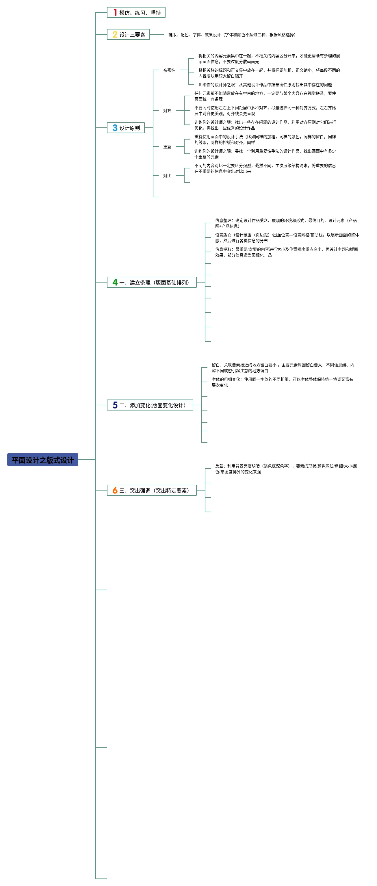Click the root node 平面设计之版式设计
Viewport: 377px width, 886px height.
click(x=43, y=460)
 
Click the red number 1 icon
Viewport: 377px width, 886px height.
click(x=115, y=13)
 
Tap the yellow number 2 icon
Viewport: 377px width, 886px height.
click(x=115, y=35)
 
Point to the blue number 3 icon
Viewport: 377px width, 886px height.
click(x=115, y=128)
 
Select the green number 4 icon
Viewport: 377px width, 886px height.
click(x=115, y=282)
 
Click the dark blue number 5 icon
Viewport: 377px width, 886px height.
click(x=115, y=405)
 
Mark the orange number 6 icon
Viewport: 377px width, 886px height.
click(x=115, y=491)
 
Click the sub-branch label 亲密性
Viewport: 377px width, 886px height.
click(x=169, y=70)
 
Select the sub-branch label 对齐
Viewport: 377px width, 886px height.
click(x=167, y=111)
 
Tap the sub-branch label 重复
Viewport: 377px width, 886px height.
click(x=167, y=147)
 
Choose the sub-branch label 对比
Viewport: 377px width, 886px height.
click(x=167, y=176)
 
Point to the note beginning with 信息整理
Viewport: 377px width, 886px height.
click(x=286, y=223)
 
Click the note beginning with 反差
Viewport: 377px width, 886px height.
click(x=286, y=469)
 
